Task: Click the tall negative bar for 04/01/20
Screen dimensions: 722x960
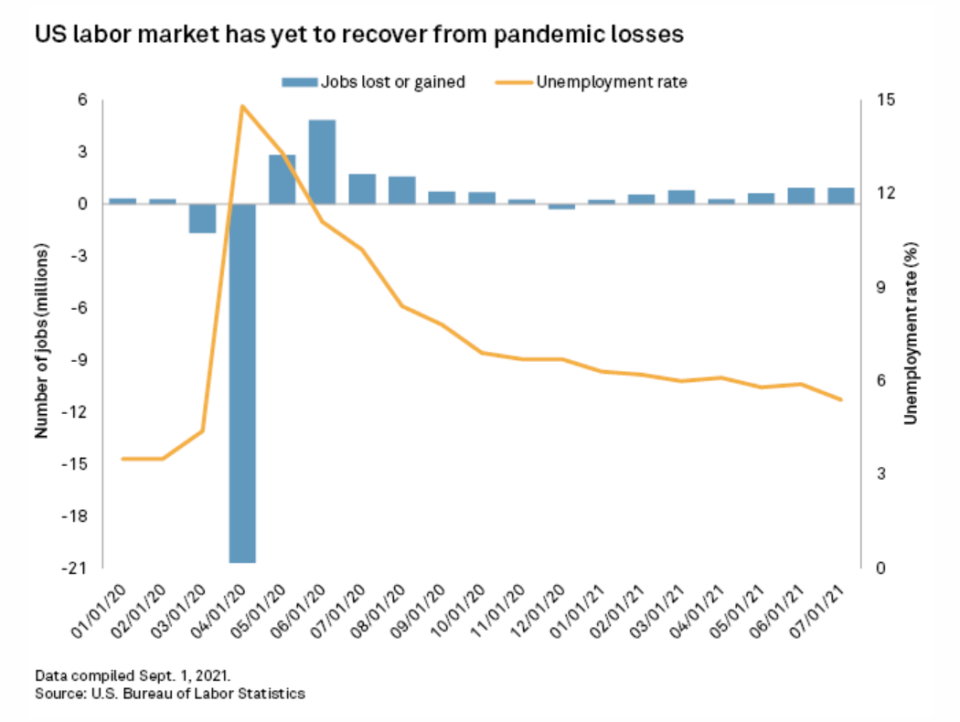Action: (242, 384)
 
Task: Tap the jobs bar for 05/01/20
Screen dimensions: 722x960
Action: (282, 179)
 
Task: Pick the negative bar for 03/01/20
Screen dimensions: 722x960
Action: (202, 218)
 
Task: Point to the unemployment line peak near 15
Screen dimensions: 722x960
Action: (242, 106)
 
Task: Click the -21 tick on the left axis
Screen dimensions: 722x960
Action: (74, 568)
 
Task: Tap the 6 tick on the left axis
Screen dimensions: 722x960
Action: (82, 100)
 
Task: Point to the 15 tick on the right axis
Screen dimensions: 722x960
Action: (884, 100)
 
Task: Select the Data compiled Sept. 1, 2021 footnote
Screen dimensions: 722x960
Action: (133, 676)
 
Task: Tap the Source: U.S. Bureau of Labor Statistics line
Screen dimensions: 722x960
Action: (169, 694)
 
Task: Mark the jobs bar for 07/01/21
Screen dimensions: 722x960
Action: (840, 196)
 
